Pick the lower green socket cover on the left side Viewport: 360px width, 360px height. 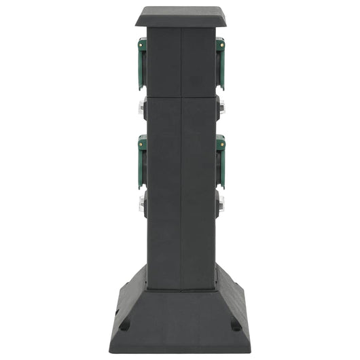click(142, 161)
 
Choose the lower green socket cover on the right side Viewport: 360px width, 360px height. click(220, 161)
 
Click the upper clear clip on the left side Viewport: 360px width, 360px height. click(142, 107)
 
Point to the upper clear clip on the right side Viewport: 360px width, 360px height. click(221, 107)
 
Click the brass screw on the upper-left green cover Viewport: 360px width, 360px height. click(143, 47)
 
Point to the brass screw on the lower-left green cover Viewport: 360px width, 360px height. click(143, 143)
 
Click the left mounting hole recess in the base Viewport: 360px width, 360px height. click(125, 324)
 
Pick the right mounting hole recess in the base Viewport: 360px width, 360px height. click(236, 324)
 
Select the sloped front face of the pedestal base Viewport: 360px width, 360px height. click(180, 299)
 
